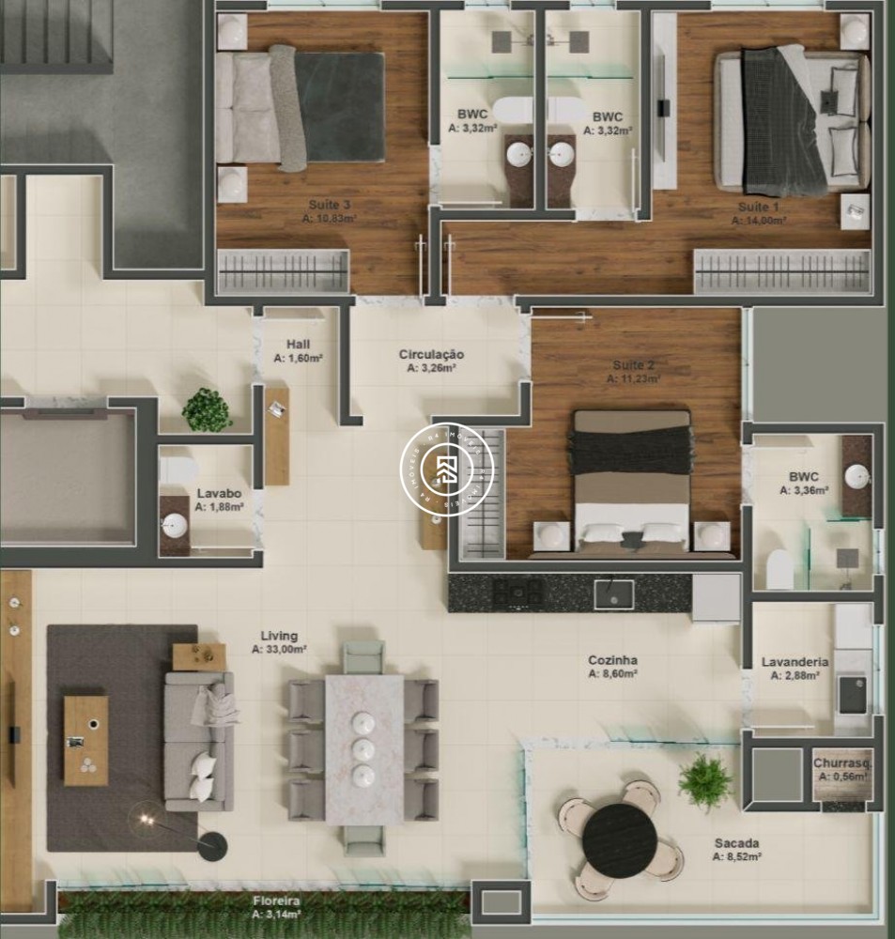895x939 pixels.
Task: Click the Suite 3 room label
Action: [330, 205]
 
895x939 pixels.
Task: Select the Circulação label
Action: [431, 354]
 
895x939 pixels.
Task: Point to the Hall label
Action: [299, 345]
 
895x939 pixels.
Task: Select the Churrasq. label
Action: [841, 763]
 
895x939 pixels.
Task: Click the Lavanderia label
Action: [795, 662]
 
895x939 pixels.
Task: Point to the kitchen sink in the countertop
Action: [613, 593]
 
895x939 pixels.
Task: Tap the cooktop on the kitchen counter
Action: [519, 593]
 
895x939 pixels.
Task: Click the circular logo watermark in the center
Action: [447, 468]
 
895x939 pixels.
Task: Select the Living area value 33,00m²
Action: [279, 649]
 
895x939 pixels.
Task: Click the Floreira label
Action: [276, 901]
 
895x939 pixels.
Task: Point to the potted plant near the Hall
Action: [207, 410]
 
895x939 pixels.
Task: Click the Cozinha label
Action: [613, 660]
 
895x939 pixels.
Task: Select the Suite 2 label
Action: [633, 365]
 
